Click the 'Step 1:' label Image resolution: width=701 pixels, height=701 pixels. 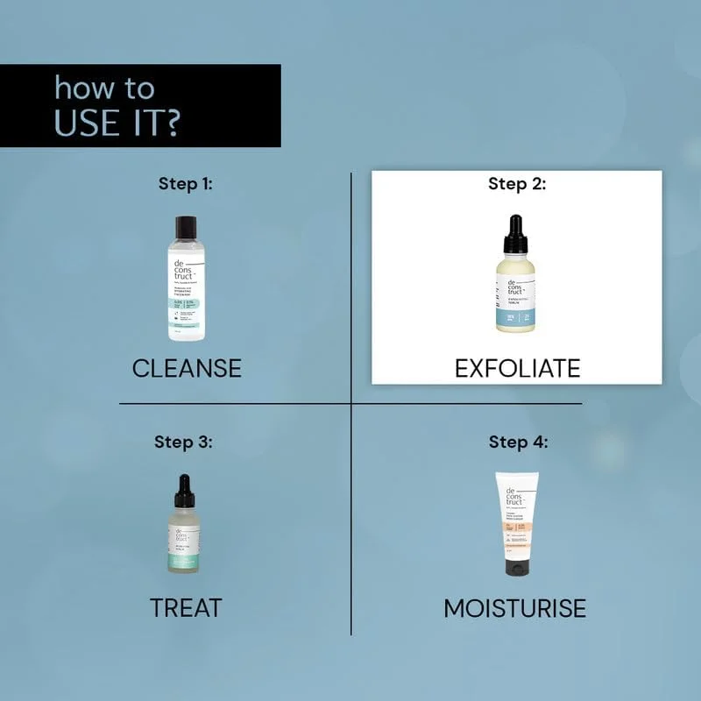pos(185,184)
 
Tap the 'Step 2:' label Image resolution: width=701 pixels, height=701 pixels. pos(517,184)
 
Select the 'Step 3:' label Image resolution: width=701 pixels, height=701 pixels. pos(184,442)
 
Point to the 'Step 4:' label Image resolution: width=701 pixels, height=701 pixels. pos(518,442)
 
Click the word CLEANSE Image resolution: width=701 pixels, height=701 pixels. pos(187,368)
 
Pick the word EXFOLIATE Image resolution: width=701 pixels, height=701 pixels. pos(517,368)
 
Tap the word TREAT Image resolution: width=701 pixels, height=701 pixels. pos(186,607)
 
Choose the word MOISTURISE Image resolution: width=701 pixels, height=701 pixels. pos(514,607)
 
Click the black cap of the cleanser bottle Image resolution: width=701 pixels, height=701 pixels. pos(187,227)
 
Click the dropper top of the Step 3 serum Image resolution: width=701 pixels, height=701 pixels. pos(184,491)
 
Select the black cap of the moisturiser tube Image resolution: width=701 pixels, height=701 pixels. pos(517,568)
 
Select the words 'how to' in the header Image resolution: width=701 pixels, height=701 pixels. pos(103,88)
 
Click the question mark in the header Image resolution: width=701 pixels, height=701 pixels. pos(172,122)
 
